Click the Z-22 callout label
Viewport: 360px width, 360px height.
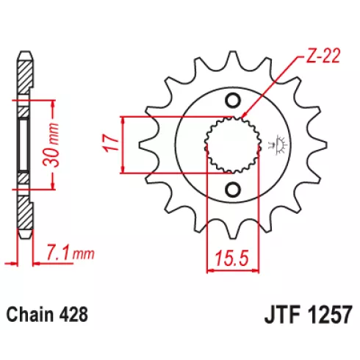323,57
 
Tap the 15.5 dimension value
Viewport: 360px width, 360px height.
231,258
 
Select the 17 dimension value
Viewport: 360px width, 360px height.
111,143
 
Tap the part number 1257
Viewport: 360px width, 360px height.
329,315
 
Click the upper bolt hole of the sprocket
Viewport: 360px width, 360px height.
233,101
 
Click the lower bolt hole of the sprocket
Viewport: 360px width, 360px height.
233,190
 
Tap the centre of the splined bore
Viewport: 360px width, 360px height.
233,145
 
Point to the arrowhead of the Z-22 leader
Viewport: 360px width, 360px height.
243,115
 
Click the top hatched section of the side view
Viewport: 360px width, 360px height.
25,76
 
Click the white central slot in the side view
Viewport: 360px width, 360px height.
24,145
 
